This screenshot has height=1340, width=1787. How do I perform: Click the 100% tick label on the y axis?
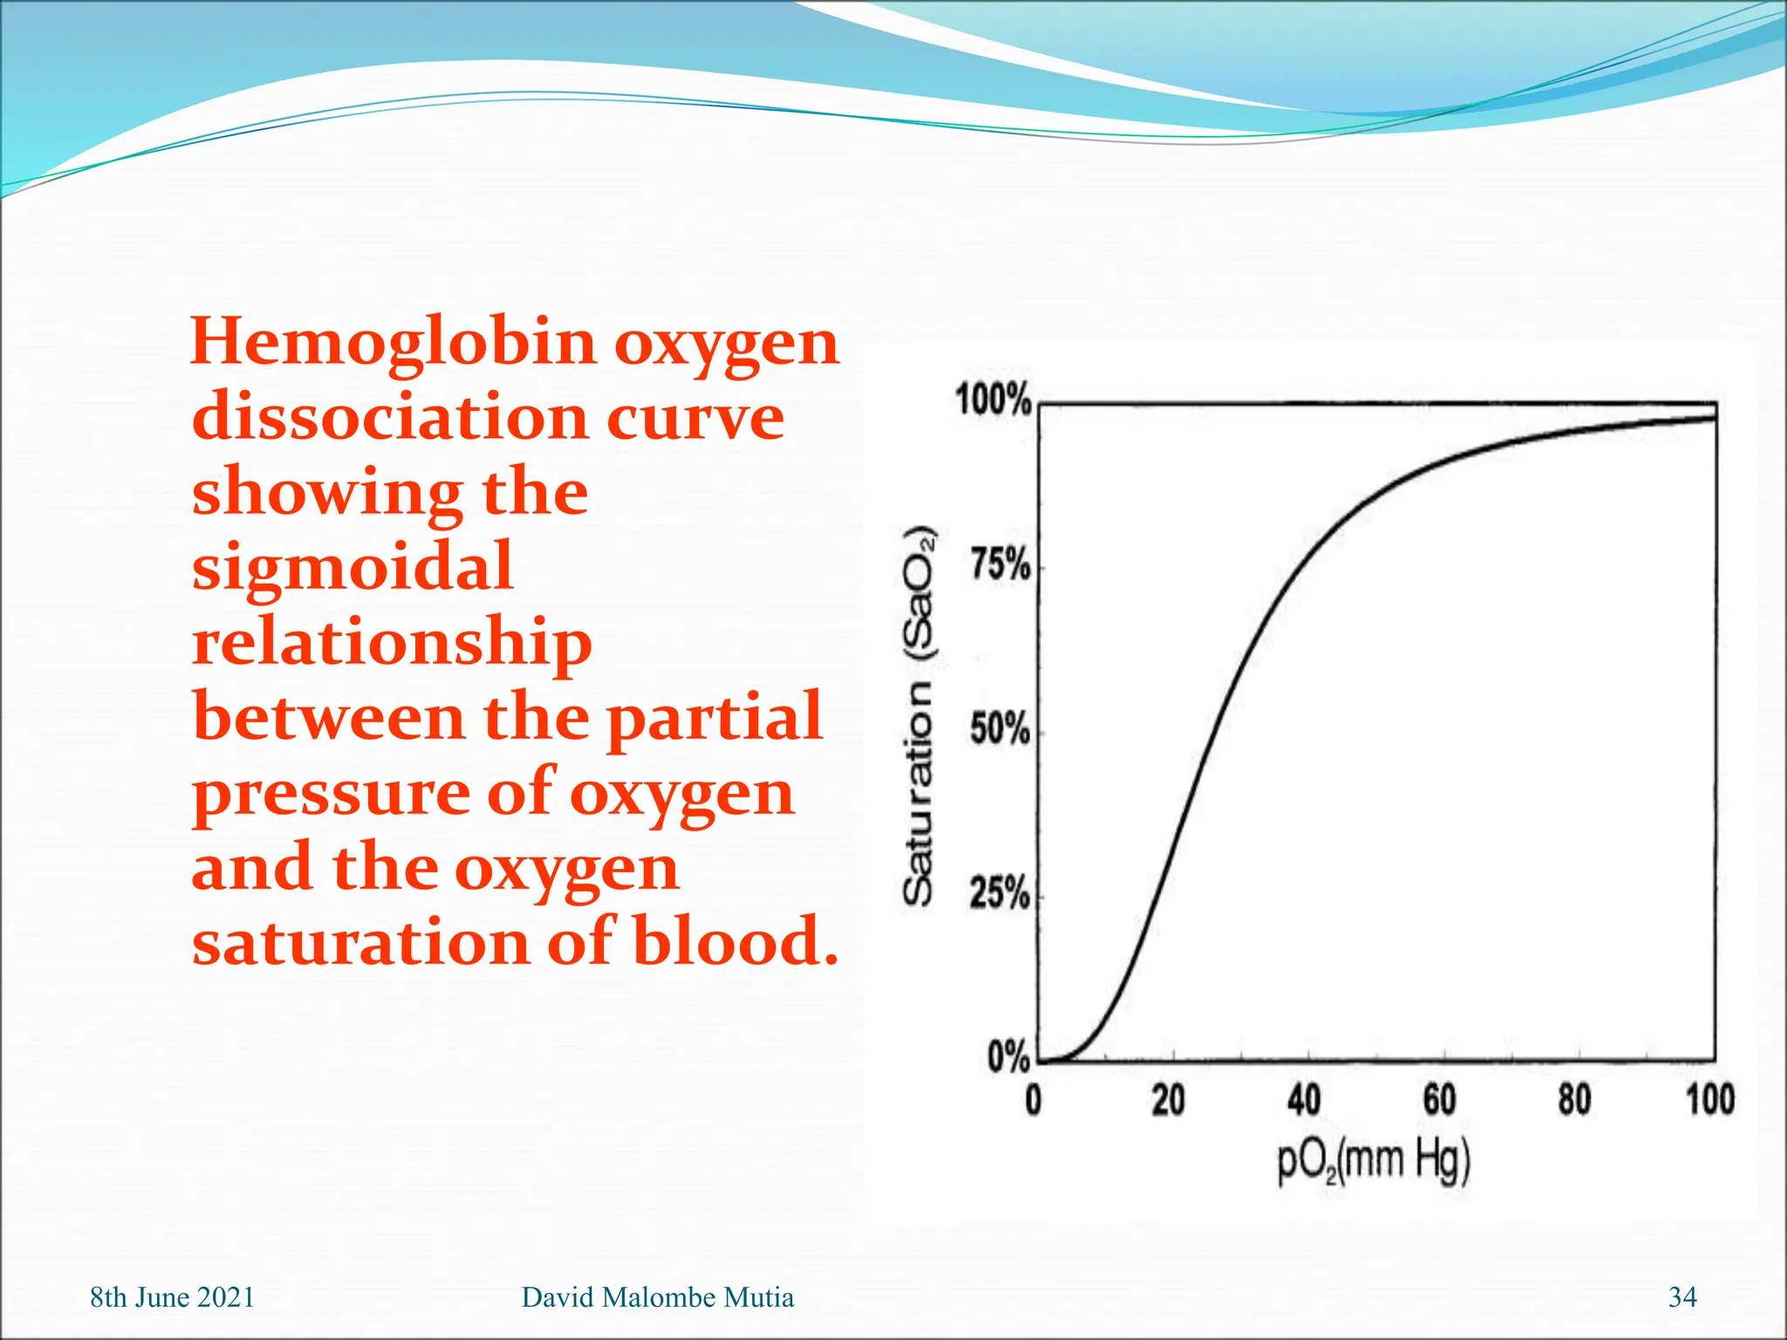pos(993,400)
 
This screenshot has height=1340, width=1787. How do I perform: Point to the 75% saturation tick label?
pos(1000,566)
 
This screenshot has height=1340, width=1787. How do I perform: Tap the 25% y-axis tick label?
pos(1000,893)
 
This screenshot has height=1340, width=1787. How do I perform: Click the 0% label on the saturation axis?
pos(1008,1057)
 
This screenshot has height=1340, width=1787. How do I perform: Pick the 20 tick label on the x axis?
pos(1168,1100)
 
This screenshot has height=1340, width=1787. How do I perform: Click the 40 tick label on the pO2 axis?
pos(1304,1100)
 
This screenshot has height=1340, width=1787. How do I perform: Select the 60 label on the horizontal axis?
pos(1439,1100)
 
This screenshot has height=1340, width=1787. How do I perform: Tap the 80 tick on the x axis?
pos(1574,1100)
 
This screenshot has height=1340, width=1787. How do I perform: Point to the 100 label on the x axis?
pos(1709,1100)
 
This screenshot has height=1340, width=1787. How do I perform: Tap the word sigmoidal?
pos(353,566)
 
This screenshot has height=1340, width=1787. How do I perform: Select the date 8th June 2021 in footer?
pos(172,1297)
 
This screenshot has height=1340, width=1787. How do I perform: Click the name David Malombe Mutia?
pos(657,1297)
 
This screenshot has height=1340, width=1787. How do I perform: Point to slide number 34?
pos(1682,1297)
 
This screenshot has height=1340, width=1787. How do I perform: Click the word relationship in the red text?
pos(392,643)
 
